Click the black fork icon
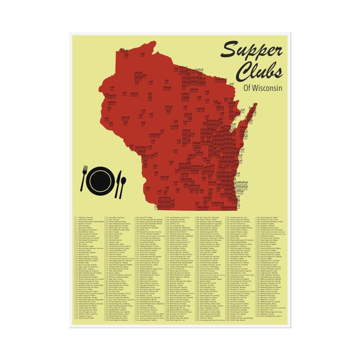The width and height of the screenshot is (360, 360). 84,178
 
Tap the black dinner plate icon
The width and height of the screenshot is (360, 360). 102,180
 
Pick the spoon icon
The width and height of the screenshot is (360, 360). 123,186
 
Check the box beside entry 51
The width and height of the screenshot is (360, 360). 105,218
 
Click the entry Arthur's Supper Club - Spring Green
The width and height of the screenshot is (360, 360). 92,240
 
